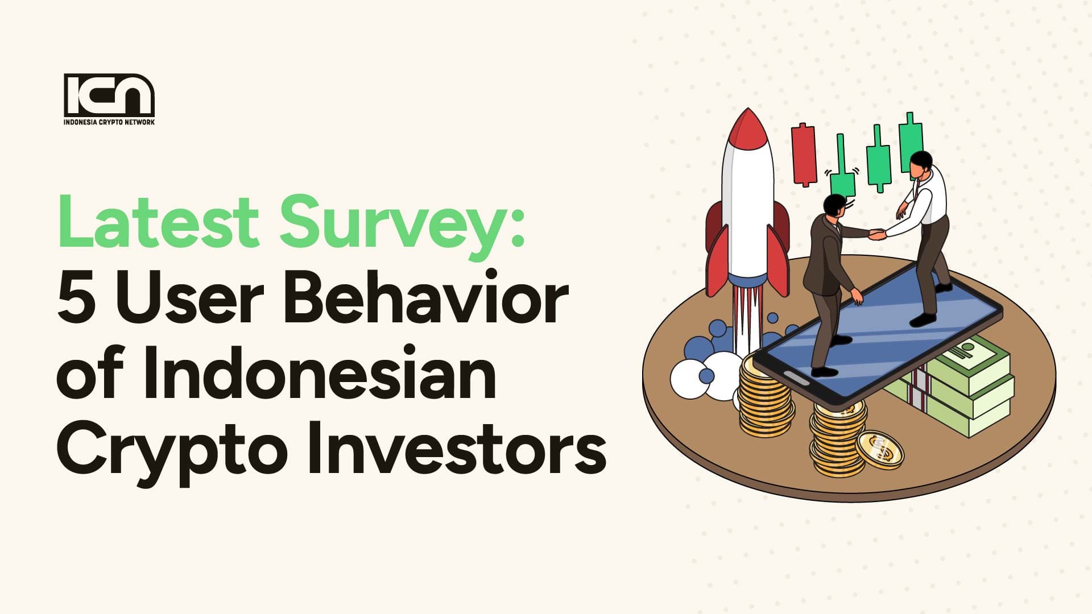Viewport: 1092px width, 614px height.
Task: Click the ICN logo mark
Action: (x=109, y=94)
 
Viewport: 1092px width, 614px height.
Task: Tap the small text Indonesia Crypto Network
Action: (x=109, y=122)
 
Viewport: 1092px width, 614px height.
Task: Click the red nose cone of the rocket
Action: (x=747, y=127)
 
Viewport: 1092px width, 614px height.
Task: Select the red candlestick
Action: (x=804, y=153)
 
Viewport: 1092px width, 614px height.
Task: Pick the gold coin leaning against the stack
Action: (x=880, y=450)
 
